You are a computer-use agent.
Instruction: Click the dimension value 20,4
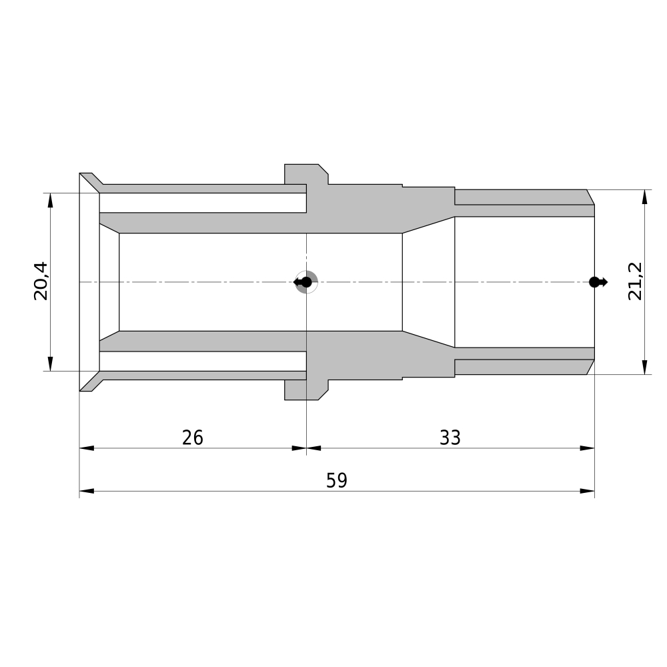point(41,281)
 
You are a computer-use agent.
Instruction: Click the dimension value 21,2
point(635,281)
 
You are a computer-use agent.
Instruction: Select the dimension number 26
point(193,438)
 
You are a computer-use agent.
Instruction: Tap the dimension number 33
point(450,438)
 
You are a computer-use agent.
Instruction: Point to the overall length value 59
point(337,480)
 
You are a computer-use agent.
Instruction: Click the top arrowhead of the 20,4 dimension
point(50,200)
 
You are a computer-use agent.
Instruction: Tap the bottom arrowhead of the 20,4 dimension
point(50,364)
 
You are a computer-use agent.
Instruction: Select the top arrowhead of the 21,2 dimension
point(645,197)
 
